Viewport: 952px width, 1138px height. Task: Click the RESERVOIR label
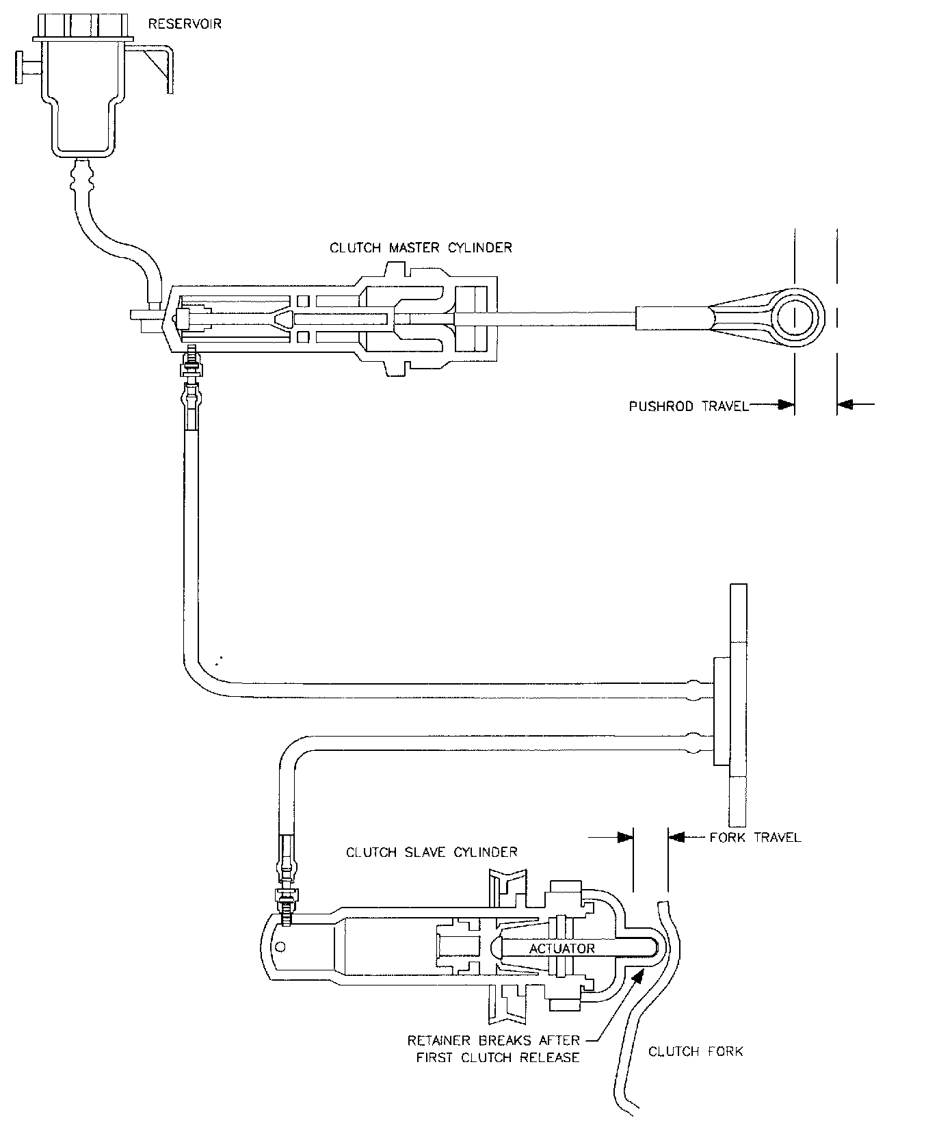(x=185, y=25)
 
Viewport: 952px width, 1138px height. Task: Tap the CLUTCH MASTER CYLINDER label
(x=421, y=248)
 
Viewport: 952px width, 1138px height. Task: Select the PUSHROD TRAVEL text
(x=688, y=406)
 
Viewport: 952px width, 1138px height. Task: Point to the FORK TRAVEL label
(x=755, y=837)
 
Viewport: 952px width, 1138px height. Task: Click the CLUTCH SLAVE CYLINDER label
(x=432, y=852)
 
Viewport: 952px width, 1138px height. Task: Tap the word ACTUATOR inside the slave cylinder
(x=561, y=949)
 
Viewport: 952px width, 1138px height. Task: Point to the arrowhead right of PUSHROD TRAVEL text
(x=785, y=405)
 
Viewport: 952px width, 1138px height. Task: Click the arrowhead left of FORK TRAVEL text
(x=677, y=837)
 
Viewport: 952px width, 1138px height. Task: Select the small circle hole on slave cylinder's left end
(x=280, y=947)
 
